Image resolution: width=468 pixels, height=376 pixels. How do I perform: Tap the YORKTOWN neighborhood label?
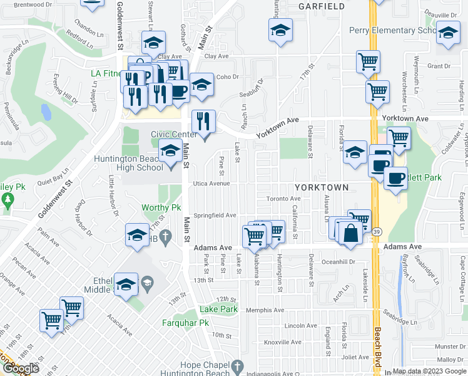pos(322,187)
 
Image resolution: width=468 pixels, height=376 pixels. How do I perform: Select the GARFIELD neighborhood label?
pos(322,6)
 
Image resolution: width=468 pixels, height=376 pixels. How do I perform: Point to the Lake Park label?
pos(218,310)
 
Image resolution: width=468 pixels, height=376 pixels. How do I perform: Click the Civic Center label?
pos(173,134)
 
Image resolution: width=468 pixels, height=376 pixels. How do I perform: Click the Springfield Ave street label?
pos(215,215)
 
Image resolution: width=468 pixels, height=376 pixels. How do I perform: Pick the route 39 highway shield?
pos(375,232)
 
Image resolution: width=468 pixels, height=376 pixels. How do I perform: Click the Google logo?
pos(20,368)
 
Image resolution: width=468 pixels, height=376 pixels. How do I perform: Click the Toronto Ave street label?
pos(284,199)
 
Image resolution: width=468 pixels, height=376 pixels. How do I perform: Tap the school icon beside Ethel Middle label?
pos(126,285)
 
